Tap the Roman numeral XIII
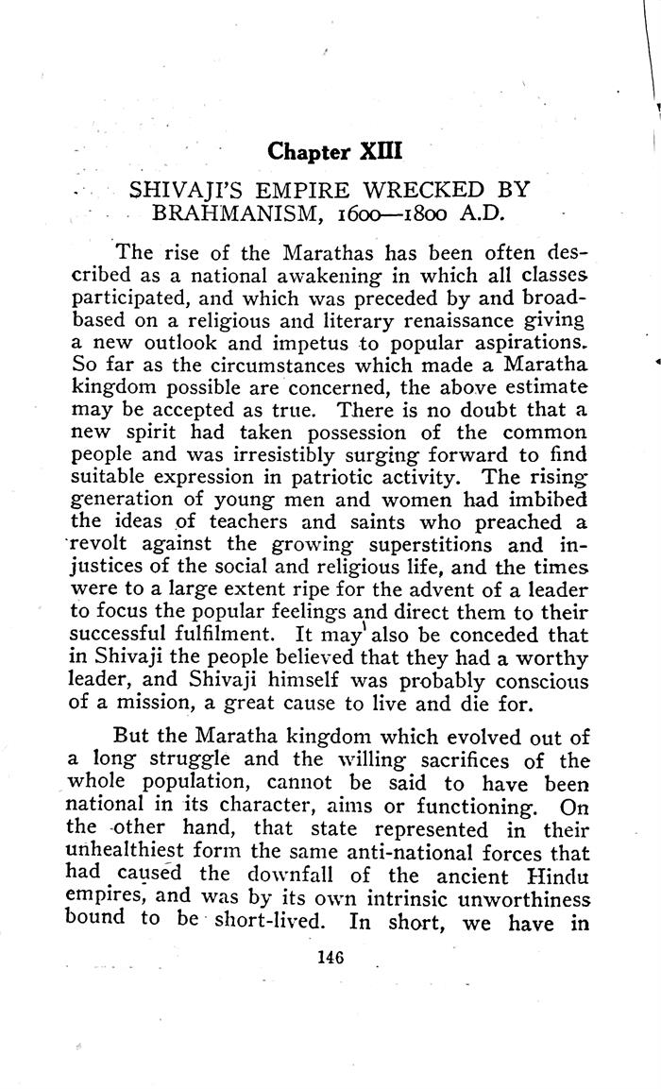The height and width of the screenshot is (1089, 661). (375, 151)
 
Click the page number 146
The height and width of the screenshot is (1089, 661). (330, 958)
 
